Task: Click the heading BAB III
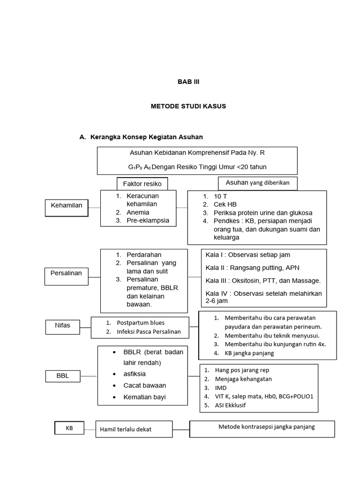[188, 81]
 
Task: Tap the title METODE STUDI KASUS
[188, 106]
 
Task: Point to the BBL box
[62, 376]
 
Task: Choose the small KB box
[69, 428]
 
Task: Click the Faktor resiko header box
[142, 184]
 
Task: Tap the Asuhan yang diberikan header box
[257, 183]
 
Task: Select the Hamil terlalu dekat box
[134, 430]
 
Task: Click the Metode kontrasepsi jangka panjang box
[262, 427]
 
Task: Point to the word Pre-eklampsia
[148, 220]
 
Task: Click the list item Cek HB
[225, 204]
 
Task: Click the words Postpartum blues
[141, 323]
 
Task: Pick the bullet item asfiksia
[135, 374]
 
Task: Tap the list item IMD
[221, 388]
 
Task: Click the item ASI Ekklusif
[230, 405]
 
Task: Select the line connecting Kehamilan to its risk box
[94, 207]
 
